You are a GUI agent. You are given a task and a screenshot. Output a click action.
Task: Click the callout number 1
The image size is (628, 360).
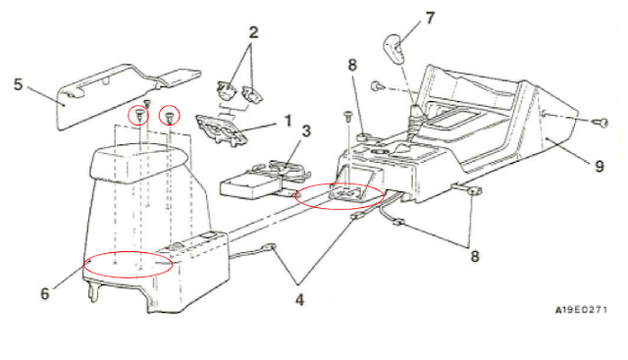pyautogui.click(x=288, y=121)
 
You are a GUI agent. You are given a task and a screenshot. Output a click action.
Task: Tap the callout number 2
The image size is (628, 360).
pyautogui.click(x=253, y=32)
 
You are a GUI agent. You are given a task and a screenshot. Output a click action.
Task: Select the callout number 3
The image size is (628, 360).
pyautogui.click(x=306, y=130)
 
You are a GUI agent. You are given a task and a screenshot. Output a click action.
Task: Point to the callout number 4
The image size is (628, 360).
pyautogui.click(x=299, y=299)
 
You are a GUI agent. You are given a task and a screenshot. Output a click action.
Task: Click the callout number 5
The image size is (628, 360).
pyautogui.click(x=19, y=85)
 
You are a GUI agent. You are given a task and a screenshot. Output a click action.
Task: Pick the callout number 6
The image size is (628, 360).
pyautogui.click(x=45, y=293)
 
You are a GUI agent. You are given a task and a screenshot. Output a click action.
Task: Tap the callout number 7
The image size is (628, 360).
pyautogui.click(x=430, y=18)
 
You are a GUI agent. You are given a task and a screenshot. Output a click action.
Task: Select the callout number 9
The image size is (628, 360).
pyautogui.click(x=599, y=166)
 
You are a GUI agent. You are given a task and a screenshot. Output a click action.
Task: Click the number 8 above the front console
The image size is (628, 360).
pyautogui.click(x=352, y=65)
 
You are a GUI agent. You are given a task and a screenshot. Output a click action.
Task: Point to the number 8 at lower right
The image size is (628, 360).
pyautogui.click(x=475, y=256)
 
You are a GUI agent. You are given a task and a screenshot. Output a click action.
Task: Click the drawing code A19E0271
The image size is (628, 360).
pyautogui.click(x=581, y=310)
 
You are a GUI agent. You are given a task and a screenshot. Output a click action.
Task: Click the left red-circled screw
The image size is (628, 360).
pyautogui.click(x=139, y=114)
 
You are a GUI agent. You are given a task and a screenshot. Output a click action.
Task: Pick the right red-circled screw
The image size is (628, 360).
pyautogui.click(x=170, y=116)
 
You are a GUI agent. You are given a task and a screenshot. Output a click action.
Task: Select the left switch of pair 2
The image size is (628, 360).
pyautogui.click(x=227, y=90)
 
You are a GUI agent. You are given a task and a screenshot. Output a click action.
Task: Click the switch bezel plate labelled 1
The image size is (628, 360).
pyautogui.click(x=220, y=128)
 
